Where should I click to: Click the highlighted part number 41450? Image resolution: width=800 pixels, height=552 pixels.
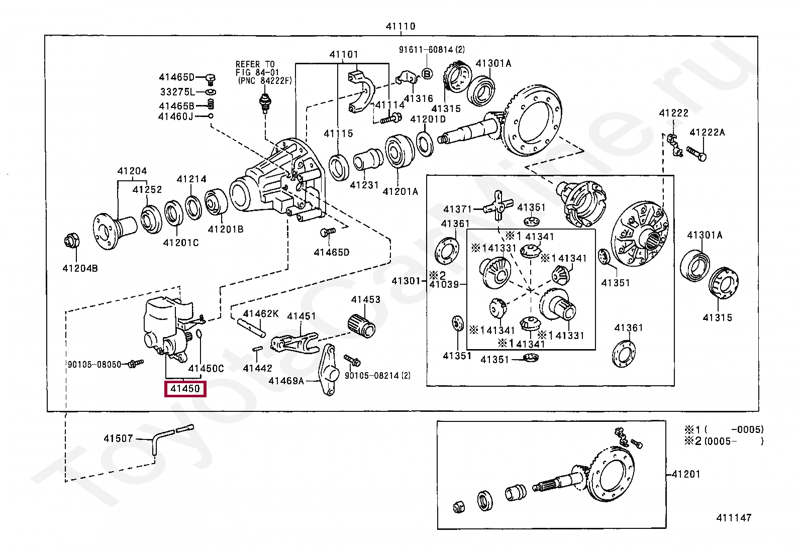(x=185, y=388)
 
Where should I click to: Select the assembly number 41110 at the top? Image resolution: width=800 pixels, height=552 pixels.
(x=401, y=26)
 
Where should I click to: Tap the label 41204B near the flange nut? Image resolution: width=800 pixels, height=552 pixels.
(x=80, y=268)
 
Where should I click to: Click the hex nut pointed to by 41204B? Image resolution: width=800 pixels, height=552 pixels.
(x=72, y=241)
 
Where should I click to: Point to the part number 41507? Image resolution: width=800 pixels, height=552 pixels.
(x=118, y=438)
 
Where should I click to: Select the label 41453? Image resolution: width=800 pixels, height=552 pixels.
(x=366, y=299)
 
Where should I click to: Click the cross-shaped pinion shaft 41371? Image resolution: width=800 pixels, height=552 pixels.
(x=498, y=205)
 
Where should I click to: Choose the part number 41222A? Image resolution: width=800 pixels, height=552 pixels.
(x=707, y=132)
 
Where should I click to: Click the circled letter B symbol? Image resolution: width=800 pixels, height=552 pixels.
(x=427, y=74)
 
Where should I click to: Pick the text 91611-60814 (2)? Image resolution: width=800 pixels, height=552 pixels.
(x=432, y=49)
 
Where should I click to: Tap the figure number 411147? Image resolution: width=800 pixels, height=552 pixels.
(x=734, y=517)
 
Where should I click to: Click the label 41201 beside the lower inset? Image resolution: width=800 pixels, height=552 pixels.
(x=686, y=474)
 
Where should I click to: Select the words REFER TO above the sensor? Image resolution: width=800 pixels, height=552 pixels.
(x=255, y=64)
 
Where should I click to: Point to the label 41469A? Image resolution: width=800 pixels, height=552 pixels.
(x=286, y=381)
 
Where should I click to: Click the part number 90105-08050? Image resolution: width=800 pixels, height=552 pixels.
(x=94, y=365)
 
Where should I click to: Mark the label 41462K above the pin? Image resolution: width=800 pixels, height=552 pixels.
(x=261, y=313)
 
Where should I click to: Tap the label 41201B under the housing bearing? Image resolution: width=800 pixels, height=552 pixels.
(x=226, y=229)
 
